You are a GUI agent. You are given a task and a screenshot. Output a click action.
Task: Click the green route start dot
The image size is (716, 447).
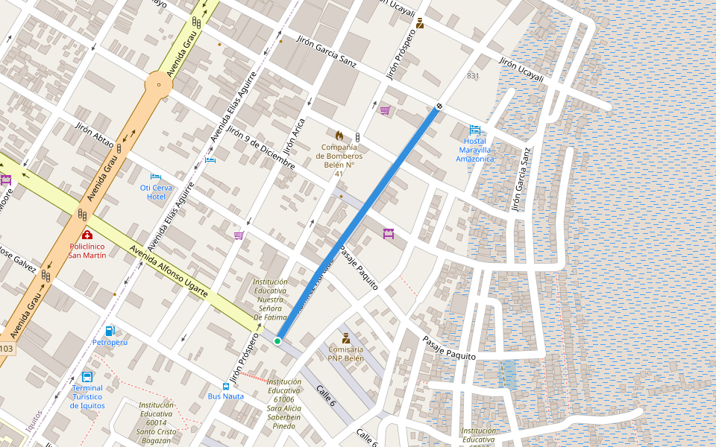pos(277,340)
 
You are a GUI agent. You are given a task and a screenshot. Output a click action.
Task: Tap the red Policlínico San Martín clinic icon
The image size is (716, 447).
pos(87,235)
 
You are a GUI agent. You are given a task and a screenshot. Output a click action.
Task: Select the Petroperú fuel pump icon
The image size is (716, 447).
pos(110,331)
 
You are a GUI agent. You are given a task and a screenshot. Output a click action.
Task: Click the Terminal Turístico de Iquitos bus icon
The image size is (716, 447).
pos(87,377)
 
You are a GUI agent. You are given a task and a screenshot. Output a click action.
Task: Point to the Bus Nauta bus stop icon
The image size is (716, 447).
pos(226,385)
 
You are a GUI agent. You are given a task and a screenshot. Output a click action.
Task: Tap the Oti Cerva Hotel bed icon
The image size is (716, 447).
pos(156,177)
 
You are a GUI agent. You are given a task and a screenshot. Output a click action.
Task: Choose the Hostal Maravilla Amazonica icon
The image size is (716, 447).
pos(475,130)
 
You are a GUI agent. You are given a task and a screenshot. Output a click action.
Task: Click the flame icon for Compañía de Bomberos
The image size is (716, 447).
pos(339,136)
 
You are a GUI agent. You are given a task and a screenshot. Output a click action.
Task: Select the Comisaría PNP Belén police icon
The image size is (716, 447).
pos(346,337)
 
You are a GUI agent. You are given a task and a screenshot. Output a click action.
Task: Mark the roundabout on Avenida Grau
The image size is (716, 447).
pos(159,84)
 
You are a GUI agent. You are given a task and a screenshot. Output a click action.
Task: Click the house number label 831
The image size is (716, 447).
pos(473,76)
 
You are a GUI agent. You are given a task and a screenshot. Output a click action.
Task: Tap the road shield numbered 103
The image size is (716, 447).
pos(6,349)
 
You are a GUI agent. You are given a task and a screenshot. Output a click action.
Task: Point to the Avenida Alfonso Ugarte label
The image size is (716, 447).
pos(168,272)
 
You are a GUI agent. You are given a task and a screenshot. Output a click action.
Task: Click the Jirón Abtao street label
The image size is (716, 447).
pos(95,134)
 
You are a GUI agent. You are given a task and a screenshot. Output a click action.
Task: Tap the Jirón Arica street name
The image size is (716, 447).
pos(295,136)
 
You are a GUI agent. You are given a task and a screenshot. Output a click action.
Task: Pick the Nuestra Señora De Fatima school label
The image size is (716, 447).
pos(270,299)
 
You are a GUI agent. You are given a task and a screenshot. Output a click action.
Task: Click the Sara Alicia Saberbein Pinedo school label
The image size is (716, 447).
pos(283,403)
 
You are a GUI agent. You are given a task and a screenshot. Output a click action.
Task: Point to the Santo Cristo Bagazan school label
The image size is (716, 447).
pos(156,422)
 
